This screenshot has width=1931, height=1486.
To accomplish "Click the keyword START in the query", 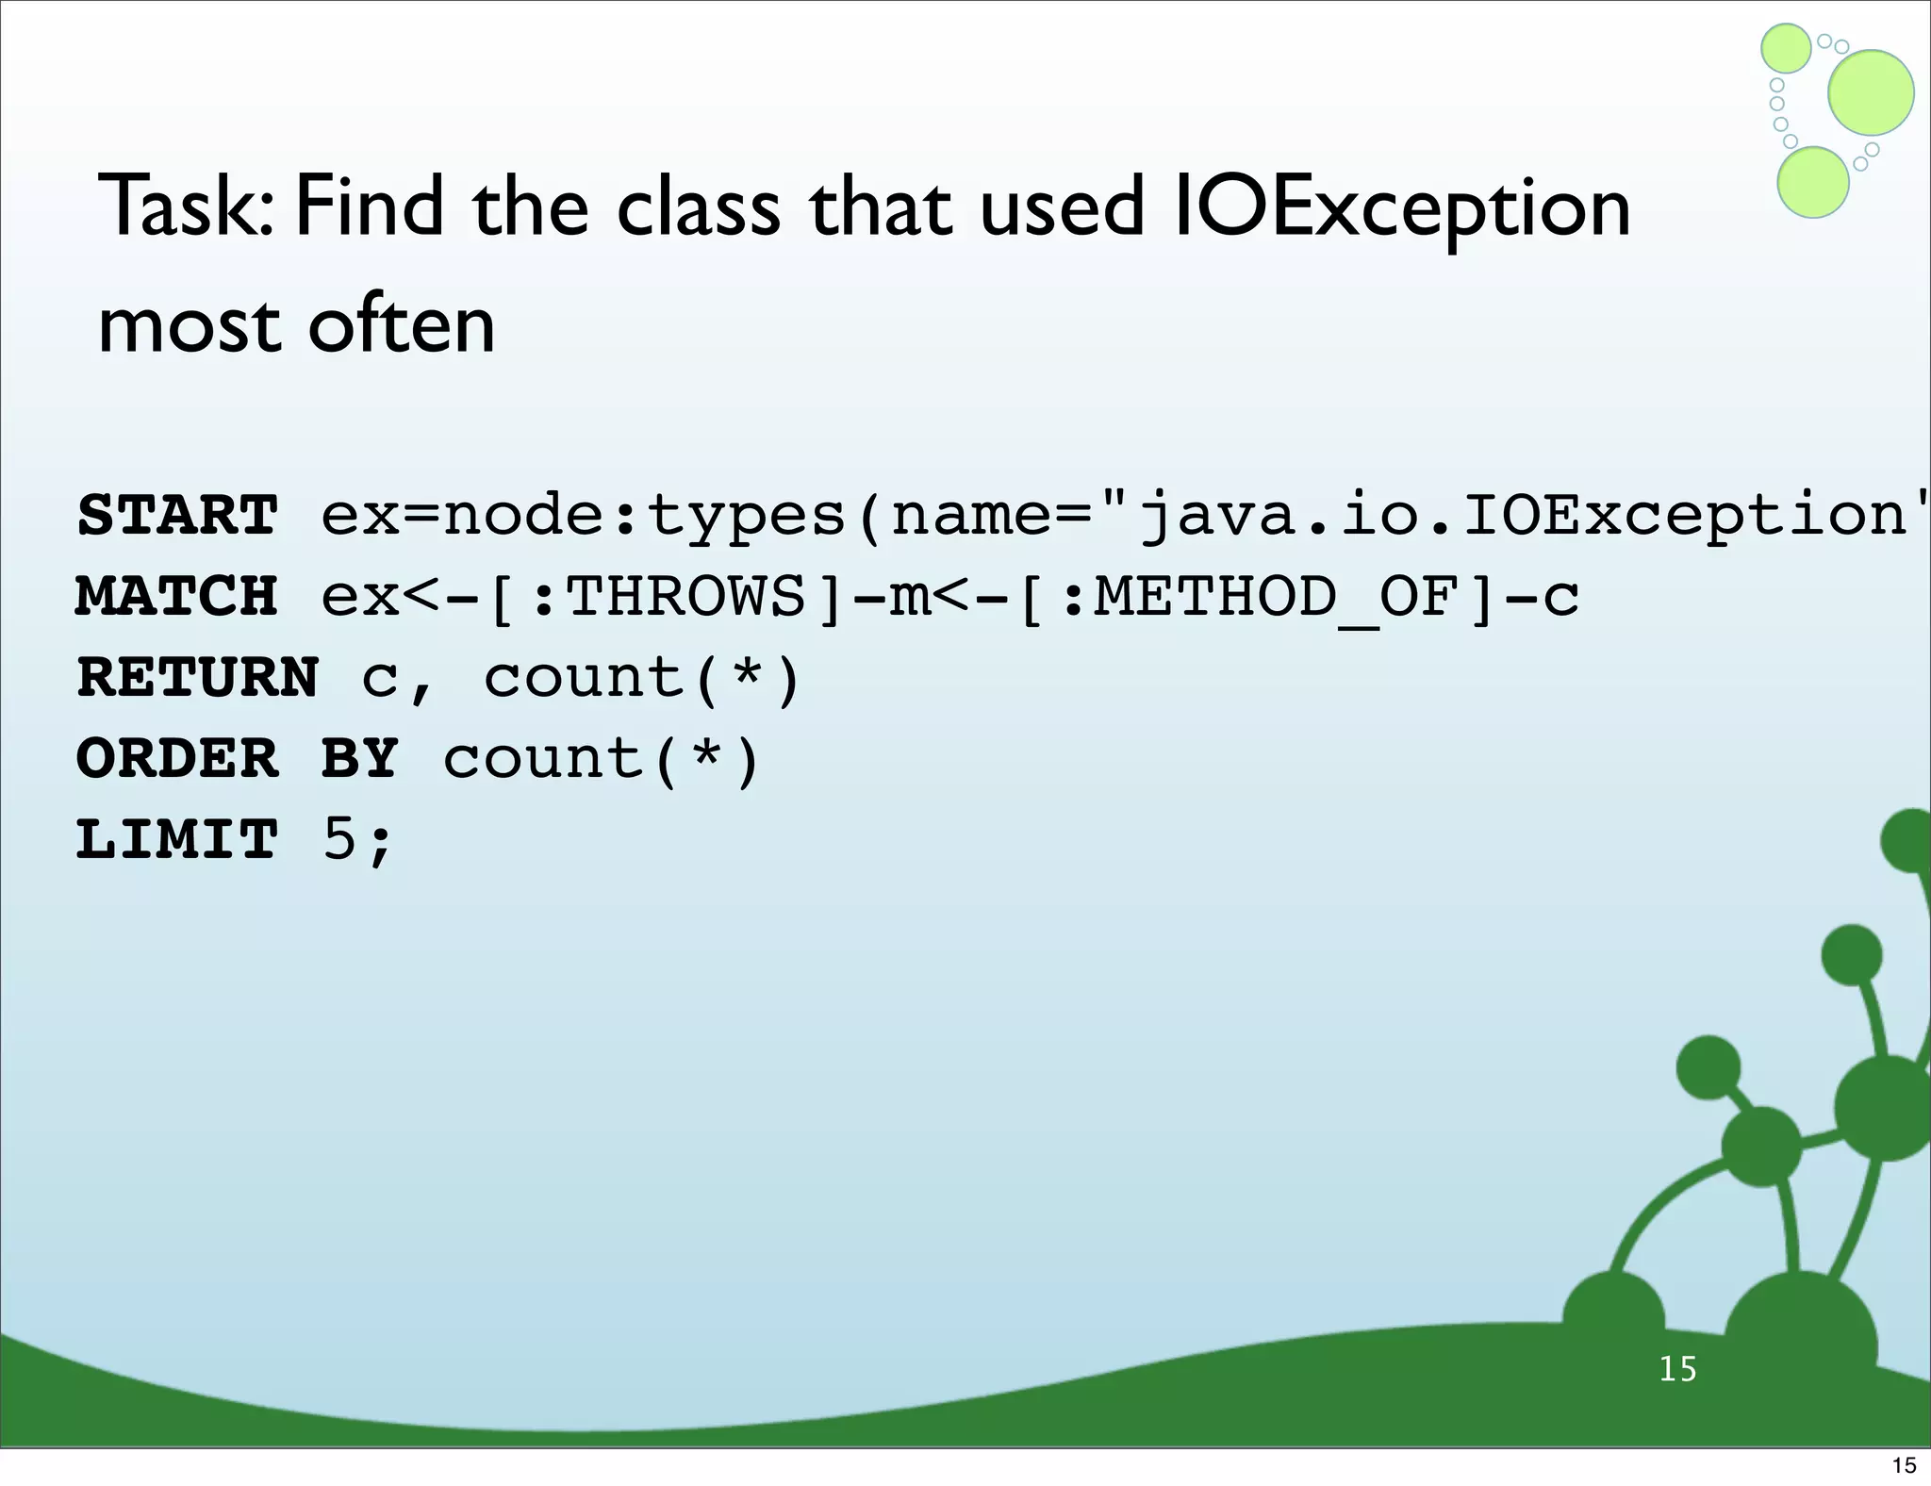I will [177, 516].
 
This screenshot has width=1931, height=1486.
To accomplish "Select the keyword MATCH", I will [177, 597].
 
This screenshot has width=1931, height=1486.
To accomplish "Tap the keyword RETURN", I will [198, 678].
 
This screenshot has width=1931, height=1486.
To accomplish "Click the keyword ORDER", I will [177, 759].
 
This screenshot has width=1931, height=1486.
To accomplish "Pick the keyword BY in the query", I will [359, 759].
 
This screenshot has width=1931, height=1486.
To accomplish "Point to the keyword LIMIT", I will [177, 839].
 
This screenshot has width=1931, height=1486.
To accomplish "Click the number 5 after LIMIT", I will [340, 839].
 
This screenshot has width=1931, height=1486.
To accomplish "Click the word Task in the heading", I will [184, 207].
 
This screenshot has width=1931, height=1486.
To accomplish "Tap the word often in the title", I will [401, 325].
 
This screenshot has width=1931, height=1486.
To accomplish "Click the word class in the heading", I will [699, 207].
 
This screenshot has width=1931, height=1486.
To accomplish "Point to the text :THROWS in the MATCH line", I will [669, 597].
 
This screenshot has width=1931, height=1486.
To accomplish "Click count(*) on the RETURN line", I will [641, 678].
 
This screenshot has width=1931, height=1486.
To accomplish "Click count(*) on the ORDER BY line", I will [601, 759].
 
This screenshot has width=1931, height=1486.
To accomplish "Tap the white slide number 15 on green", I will [1677, 1369].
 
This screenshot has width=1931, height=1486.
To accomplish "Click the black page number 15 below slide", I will [1904, 1465].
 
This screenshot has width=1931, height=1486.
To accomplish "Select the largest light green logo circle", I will [1871, 92].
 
